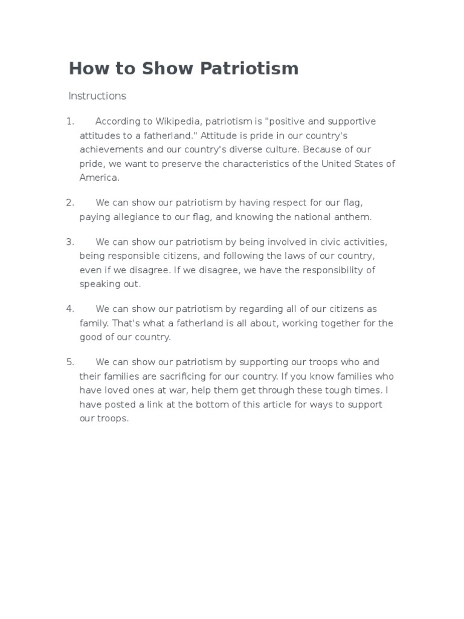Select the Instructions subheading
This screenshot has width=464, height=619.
[97, 96]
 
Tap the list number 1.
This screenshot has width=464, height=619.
[69, 122]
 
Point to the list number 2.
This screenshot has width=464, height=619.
[70, 203]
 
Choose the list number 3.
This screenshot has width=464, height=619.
[70, 242]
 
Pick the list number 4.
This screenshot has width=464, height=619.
[70, 309]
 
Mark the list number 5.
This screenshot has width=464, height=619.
[70, 362]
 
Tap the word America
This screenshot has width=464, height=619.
[99, 178]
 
